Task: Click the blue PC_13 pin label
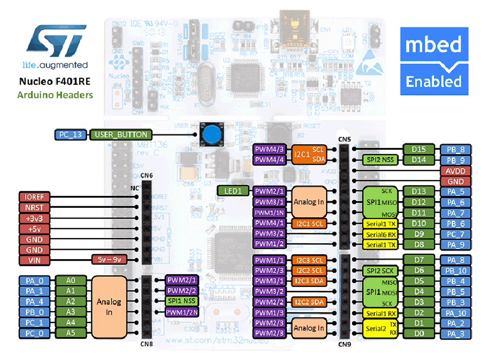coord(71,135)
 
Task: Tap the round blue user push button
coord(209,135)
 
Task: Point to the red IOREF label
coord(33,196)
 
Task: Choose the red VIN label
coord(33,260)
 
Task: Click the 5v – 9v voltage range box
coord(109,260)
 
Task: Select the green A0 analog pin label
coord(71,280)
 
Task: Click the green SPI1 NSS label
coord(181,301)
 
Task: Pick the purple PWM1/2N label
coord(181,312)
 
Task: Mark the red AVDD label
coord(455,171)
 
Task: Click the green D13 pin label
coord(418,191)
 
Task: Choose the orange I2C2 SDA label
coord(309,302)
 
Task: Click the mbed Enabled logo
coord(434,62)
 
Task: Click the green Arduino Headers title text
coord(55,95)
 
